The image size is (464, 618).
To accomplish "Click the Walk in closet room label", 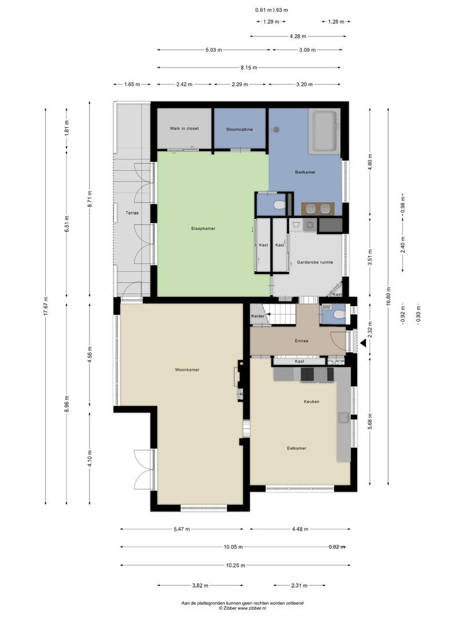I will pyautogui.click(x=184, y=129).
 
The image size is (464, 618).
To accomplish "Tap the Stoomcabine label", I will pyautogui.click(x=239, y=129).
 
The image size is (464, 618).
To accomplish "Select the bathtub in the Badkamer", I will pyautogui.click(x=324, y=131).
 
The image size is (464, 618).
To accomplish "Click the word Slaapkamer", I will pyautogui.click(x=203, y=228).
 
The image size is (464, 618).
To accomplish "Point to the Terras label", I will pyautogui.click(x=132, y=213).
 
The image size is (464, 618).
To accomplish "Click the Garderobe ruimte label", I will pyautogui.click(x=314, y=262).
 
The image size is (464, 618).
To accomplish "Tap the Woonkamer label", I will pyautogui.click(x=187, y=370).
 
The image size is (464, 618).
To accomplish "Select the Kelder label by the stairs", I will pyautogui.click(x=258, y=316).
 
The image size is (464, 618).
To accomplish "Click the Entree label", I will pyautogui.click(x=301, y=341).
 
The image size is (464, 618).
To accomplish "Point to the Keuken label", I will pyautogui.click(x=312, y=402).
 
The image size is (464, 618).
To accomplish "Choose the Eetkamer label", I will pyautogui.click(x=296, y=448).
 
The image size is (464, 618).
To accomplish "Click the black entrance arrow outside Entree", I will pyautogui.click(x=362, y=343).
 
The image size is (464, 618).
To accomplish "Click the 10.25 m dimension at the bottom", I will pyautogui.click(x=235, y=565).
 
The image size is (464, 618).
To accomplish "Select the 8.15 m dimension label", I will pyautogui.click(x=249, y=68).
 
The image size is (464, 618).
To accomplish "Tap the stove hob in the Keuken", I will pyautogui.click(x=309, y=374).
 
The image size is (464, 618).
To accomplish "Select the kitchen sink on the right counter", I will pyautogui.click(x=344, y=417).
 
